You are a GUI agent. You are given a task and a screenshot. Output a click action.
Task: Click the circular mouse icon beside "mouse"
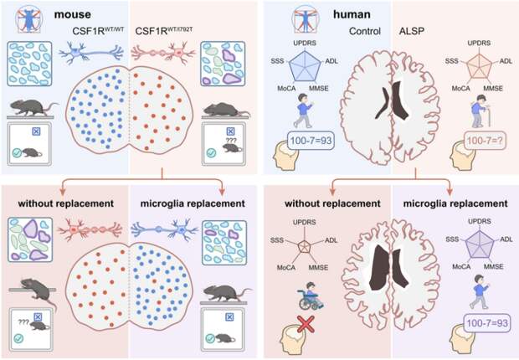coord(31,18)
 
